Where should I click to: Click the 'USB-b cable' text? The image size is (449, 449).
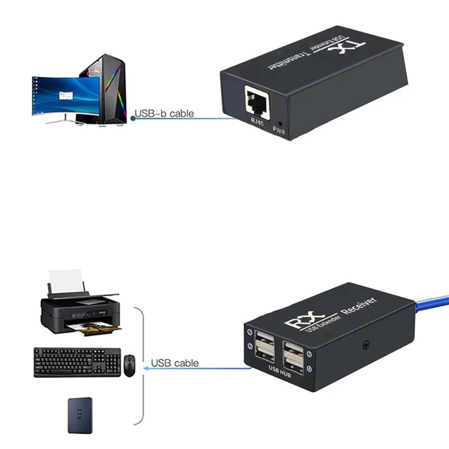click(164, 114)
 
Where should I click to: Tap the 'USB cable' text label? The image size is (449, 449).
click(175, 363)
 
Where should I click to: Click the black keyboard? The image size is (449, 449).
click(77, 362)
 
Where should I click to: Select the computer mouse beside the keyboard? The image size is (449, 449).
click(130, 366)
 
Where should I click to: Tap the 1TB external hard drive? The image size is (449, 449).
click(80, 415)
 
